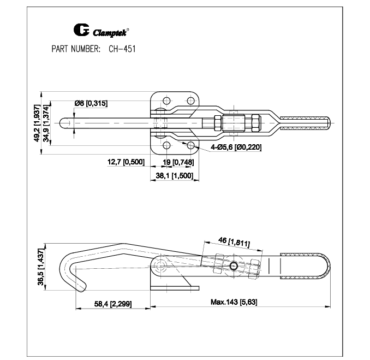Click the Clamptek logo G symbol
(x=81, y=30)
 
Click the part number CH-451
(x=122, y=49)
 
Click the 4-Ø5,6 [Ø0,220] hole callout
(x=236, y=147)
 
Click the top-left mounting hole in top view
(x=166, y=101)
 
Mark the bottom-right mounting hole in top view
(x=190, y=145)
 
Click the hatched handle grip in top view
(x=305, y=123)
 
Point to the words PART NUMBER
(x=76, y=49)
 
